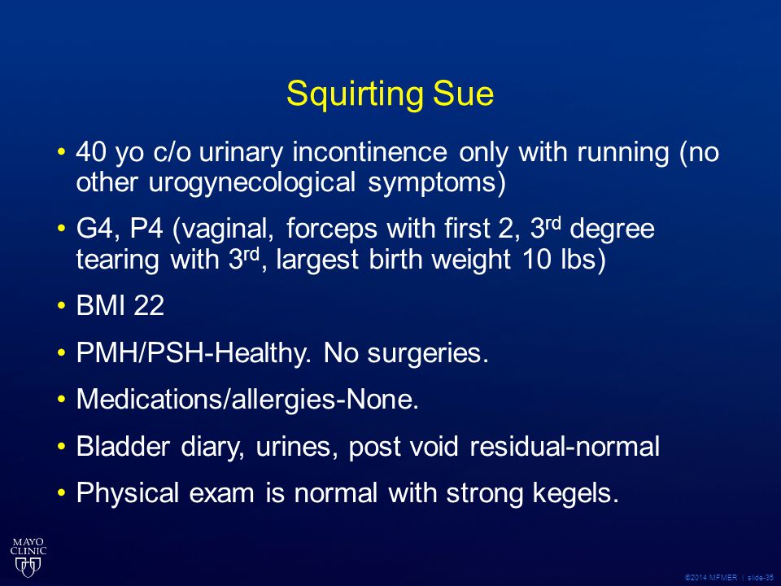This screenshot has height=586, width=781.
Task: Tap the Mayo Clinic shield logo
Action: pos(28,557)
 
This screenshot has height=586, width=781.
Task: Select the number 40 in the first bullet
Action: pos(91,152)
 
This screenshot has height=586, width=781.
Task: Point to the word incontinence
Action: pos(369,151)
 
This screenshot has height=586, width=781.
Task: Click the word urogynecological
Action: pos(252,183)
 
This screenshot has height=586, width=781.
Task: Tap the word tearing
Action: pos(117,260)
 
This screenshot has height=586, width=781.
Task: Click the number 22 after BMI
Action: pos(149,305)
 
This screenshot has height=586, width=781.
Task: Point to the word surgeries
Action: pos(428,354)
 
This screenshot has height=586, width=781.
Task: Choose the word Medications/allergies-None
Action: pos(247,400)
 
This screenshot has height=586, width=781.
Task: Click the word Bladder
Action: pos(123,446)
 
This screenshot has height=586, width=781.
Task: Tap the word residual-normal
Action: pos(565,446)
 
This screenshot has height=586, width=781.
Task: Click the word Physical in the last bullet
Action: pos(128,494)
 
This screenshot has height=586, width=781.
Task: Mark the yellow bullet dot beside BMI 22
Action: pos(61,305)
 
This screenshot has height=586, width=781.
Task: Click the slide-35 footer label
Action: pos(761,578)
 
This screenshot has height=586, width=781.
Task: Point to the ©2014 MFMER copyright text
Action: pos(711,578)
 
